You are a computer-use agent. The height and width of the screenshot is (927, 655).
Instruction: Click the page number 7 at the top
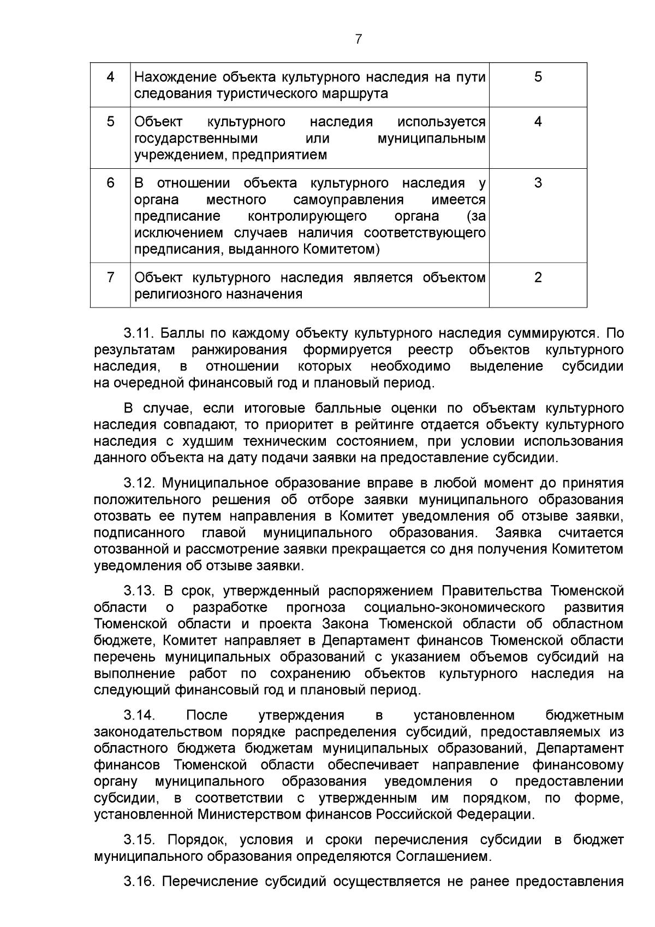pos(359,39)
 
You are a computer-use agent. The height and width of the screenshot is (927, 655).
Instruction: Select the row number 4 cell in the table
pos(110,77)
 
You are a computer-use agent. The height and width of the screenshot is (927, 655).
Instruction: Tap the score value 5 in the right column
pos(538,77)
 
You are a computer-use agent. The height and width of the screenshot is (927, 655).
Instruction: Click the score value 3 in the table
pos(538,183)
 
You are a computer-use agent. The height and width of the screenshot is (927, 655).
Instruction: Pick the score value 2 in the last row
pos(538,277)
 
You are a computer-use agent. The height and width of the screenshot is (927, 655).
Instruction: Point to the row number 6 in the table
pos(110,183)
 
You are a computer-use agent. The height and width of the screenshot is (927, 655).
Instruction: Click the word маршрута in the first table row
pos(354,93)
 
